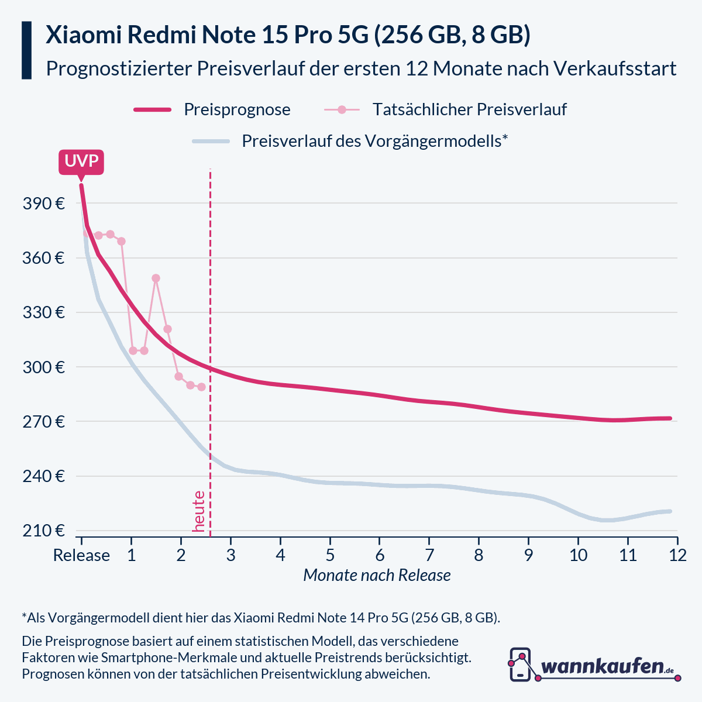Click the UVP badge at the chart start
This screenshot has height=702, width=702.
coord(81,161)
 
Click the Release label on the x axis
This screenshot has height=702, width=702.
coord(81,555)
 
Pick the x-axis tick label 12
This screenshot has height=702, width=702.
coord(677,555)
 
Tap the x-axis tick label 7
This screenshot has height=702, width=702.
coord(429,555)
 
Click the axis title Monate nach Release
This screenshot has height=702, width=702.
coord(377,576)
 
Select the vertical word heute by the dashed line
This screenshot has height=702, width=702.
coord(199,511)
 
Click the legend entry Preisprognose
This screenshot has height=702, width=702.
coord(237,109)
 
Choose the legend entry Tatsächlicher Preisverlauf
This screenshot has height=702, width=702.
coord(469,109)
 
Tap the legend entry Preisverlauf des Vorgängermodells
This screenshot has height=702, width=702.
coord(374,141)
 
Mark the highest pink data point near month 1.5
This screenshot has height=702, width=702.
coord(156,278)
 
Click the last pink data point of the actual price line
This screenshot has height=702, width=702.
coord(201,387)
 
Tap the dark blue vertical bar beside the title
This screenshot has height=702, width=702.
coord(26,50)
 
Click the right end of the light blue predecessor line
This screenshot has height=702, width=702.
coord(670,511)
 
